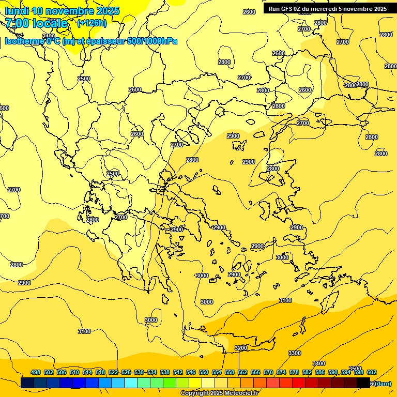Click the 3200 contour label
click(240, 348)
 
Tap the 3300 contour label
click(294, 353)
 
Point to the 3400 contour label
click(319, 363)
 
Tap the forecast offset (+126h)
click(92, 23)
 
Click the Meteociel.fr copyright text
click(219, 393)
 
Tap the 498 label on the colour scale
click(36, 372)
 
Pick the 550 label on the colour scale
click(204, 372)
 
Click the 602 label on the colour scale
click(372, 372)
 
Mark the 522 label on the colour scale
click(113, 372)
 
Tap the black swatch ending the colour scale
click(363, 383)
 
